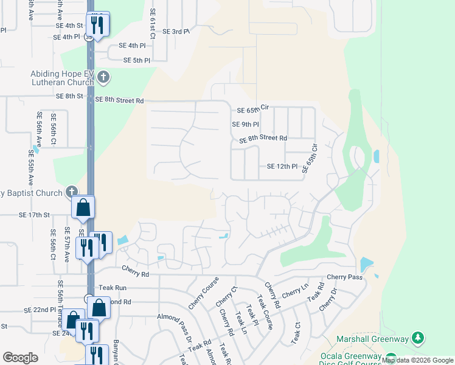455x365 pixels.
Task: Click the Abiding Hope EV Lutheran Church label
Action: [63, 78]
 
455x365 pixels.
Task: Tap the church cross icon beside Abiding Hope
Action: [103, 77]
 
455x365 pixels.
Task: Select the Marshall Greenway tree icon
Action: [417, 337]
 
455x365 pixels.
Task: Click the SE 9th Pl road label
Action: [246, 125]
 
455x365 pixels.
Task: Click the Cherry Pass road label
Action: [344, 277]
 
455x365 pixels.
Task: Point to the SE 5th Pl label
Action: [136, 60]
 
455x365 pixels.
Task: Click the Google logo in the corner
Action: [20, 358]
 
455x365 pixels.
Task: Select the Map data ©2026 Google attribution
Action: [418, 361]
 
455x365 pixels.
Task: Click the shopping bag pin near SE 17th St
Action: [83, 207]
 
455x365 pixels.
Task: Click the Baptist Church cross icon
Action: [72, 192]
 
